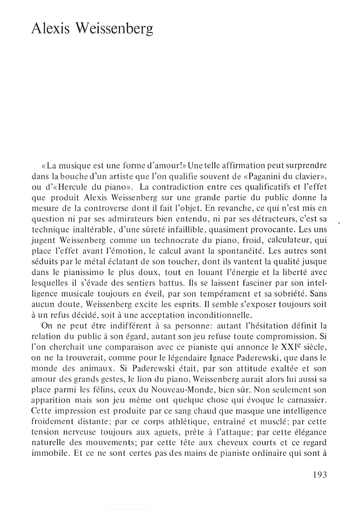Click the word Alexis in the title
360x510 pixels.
[49, 29]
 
